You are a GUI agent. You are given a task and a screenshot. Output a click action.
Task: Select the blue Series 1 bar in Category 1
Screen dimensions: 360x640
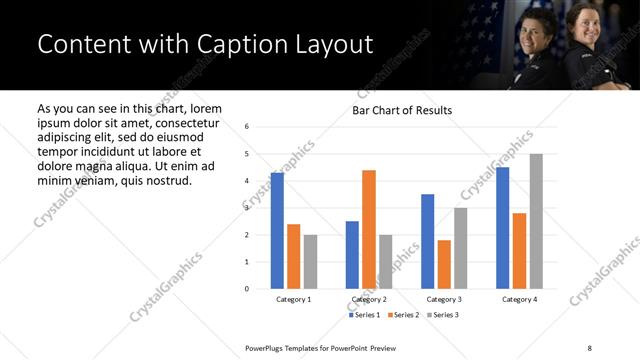point(277,230)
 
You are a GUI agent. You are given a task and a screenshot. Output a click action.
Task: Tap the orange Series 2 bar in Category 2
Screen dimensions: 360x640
point(369,229)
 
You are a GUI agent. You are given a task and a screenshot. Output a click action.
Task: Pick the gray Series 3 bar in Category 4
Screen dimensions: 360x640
point(536,221)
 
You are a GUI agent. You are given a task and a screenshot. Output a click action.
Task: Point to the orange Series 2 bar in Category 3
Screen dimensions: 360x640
point(444,264)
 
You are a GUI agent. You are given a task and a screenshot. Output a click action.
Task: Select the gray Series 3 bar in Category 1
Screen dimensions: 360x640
point(310,262)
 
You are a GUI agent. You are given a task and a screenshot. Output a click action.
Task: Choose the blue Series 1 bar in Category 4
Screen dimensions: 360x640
point(502,228)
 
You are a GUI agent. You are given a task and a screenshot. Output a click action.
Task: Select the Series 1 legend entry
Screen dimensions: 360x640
point(364,315)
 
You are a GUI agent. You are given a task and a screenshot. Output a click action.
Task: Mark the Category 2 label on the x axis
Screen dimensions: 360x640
point(369,299)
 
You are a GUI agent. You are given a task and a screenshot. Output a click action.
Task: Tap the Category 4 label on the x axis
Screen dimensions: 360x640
point(519,299)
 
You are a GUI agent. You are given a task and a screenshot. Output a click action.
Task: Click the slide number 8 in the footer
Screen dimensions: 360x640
point(588,346)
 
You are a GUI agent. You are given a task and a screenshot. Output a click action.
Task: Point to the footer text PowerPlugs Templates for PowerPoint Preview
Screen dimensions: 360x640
point(321,346)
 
